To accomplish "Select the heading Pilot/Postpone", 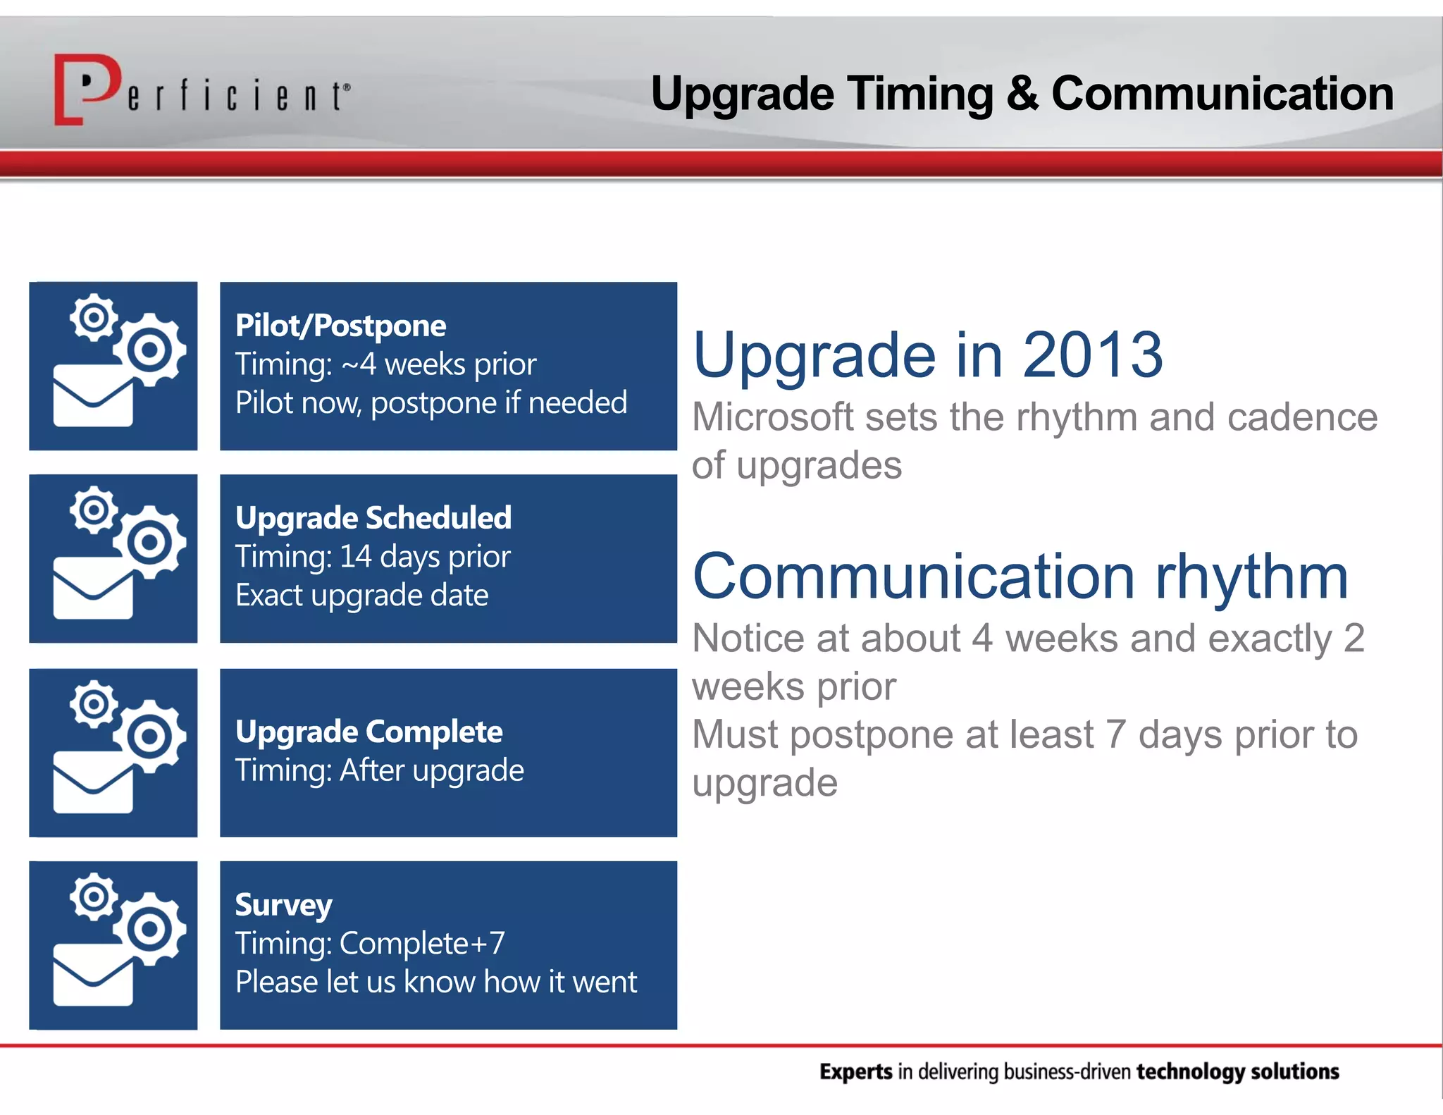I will [x=340, y=326].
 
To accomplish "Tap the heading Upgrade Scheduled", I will [x=373, y=518].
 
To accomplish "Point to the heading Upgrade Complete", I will [x=369, y=732].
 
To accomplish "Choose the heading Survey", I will [x=283, y=905].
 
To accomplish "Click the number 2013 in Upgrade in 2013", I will [x=1092, y=355].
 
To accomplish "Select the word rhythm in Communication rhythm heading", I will [x=1251, y=577].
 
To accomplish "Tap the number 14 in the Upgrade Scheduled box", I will [x=355, y=557].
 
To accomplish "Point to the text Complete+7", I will [x=422, y=944].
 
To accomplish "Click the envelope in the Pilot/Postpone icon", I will [x=92, y=397].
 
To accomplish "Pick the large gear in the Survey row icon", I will [x=149, y=928].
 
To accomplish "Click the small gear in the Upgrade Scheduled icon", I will [x=94, y=509].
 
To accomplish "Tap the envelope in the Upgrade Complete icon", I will [x=92, y=782].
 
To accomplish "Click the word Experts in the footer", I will [x=855, y=1072].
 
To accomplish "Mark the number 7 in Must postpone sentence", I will [x=1115, y=735].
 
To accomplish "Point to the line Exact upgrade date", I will [x=361, y=596].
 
